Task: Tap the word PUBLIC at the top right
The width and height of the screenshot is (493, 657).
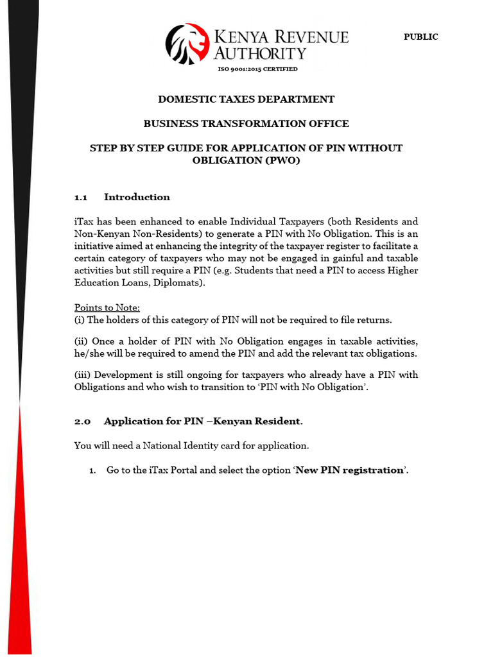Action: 420,37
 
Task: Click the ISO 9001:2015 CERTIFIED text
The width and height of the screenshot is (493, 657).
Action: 257,69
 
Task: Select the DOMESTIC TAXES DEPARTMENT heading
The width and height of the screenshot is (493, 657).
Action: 246,99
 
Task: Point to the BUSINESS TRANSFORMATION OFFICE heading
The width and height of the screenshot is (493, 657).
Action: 246,123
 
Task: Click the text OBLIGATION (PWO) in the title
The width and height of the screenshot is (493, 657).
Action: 246,160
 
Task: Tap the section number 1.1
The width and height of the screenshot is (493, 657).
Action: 80,197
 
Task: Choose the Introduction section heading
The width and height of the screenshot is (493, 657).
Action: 137,197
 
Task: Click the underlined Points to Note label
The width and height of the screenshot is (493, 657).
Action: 107,307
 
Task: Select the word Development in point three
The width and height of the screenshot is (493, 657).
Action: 125,375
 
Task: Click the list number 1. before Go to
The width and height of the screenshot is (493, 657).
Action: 92,470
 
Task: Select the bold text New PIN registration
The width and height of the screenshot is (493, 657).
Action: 349,470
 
